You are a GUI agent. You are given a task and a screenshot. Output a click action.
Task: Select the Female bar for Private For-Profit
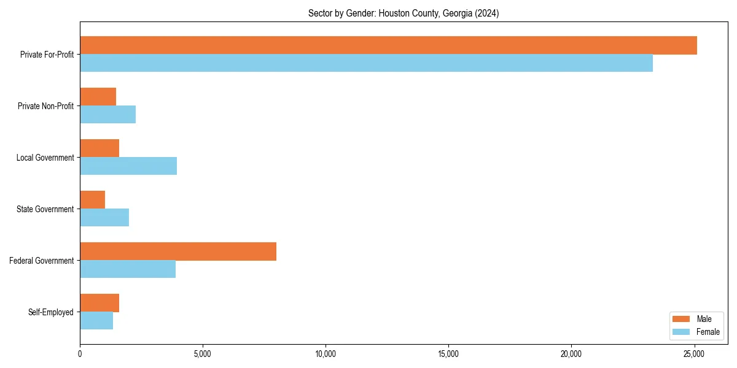point(366,63)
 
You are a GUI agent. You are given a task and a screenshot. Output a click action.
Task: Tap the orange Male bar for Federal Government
point(178,251)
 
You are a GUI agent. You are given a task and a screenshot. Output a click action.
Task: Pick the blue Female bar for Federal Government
point(128,269)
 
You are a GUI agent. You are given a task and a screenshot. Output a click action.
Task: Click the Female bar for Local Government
point(128,166)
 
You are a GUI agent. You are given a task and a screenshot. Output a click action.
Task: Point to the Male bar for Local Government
point(99,148)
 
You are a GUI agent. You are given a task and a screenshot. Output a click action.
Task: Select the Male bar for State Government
point(92,200)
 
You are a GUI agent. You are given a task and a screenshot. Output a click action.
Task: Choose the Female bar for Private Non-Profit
point(107,115)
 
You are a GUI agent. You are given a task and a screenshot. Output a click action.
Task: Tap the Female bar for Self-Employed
point(96,321)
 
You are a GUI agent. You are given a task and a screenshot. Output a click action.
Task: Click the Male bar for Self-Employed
point(99,303)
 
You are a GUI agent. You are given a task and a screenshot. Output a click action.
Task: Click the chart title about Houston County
point(404,13)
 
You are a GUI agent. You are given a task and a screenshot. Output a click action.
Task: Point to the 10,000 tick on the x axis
point(326,354)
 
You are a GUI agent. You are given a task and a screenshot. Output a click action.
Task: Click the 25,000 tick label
point(694,354)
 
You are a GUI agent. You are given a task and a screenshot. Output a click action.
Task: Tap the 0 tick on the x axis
point(80,354)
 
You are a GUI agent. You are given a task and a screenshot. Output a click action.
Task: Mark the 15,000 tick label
point(448,354)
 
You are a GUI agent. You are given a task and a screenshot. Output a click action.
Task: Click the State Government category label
point(45,209)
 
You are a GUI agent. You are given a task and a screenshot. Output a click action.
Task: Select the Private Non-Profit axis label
point(45,106)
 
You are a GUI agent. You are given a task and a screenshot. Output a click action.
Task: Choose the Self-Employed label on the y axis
point(50,312)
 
